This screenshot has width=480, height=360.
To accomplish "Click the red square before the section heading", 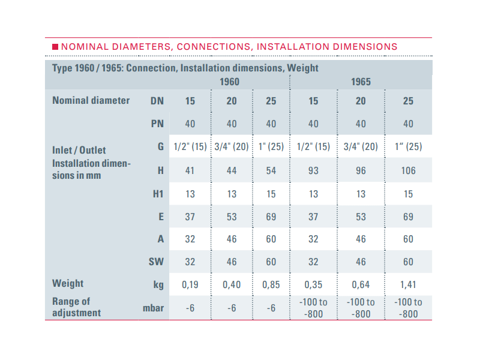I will point(55,46).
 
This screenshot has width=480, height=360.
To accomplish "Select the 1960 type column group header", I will point(231,82).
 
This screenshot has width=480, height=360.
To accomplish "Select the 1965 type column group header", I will point(361,82).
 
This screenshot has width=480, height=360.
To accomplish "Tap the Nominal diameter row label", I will point(91,100).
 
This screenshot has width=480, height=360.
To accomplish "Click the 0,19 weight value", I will point(190,284).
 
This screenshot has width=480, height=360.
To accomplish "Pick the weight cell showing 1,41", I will point(408,284).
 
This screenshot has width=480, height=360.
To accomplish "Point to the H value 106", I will point(408,170).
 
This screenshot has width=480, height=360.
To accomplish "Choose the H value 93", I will point(313,170).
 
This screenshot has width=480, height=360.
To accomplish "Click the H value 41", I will point(190,170).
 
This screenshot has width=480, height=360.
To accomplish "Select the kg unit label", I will point(158,285).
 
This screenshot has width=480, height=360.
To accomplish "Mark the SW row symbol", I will point(156,262).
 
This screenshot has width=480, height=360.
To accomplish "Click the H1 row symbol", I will point(157,194).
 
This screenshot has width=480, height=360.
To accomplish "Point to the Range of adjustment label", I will point(76,307).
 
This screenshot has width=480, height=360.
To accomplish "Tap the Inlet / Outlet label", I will point(79,150).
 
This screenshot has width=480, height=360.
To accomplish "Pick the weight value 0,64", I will point(361,284).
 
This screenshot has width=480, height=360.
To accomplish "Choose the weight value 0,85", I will point(271,284).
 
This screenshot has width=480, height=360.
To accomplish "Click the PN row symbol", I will point(157,124).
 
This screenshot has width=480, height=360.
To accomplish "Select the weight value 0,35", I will point(313,284).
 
